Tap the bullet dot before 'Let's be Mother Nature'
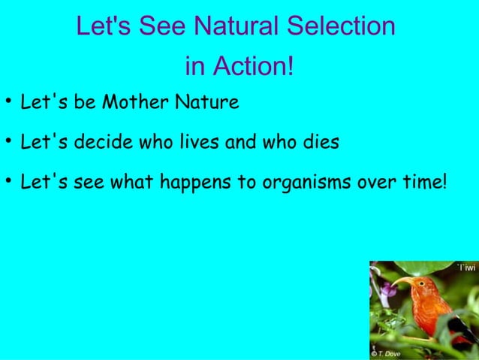coord(7,101)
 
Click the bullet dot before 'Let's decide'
coord(7,141)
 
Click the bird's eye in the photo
coord(423,283)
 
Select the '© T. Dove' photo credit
coord(386,353)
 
